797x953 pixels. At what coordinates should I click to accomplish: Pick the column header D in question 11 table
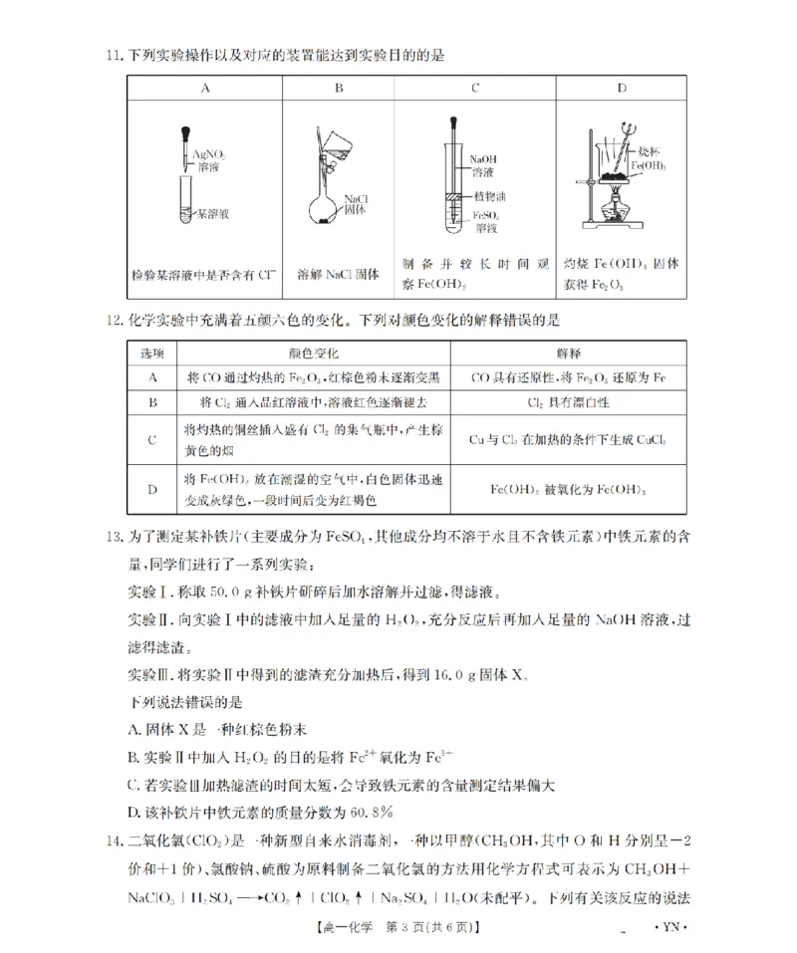pyautogui.click(x=623, y=88)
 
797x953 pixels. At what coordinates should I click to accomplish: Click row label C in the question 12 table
pyautogui.click(x=152, y=439)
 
